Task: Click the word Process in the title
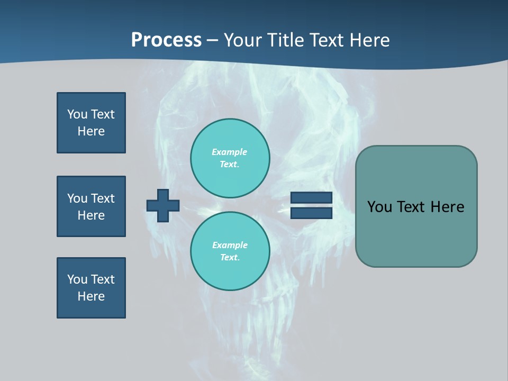click(166, 40)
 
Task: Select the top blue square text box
click(91, 123)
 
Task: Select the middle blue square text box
click(91, 206)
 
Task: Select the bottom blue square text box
click(91, 288)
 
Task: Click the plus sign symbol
click(163, 205)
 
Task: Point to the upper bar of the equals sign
click(311, 197)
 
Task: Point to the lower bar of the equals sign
click(311, 213)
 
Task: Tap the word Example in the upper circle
click(229, 152)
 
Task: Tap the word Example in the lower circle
click(230, 245)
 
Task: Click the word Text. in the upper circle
click(229, 164)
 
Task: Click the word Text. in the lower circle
click(230, 257)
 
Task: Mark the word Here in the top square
click(91, 131)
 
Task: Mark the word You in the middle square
click(77, 198)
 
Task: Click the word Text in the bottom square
click(102, 279)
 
